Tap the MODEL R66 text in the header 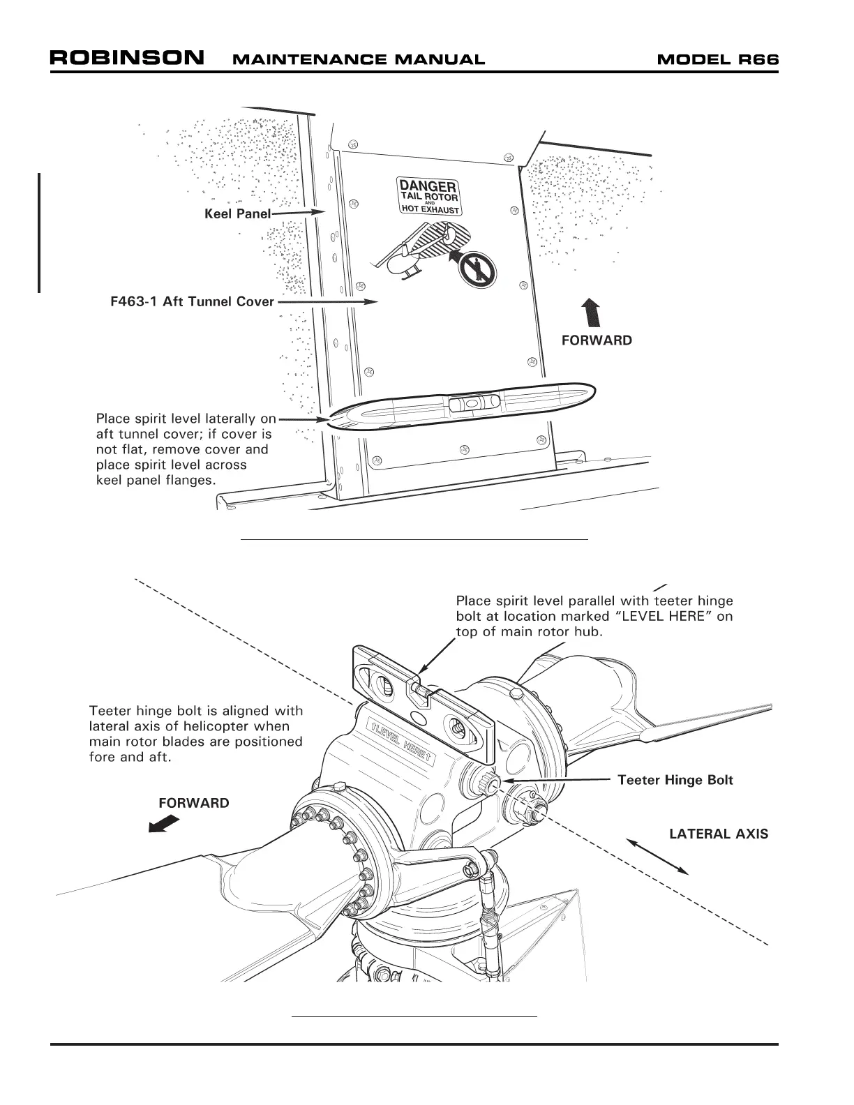717,59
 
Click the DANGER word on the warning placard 427,186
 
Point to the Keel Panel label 237,213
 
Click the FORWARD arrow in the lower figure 164,824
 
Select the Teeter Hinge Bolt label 675,780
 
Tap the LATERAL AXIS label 719,834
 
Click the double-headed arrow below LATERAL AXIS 657,856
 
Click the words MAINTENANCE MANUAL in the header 357,59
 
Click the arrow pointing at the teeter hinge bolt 558,780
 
